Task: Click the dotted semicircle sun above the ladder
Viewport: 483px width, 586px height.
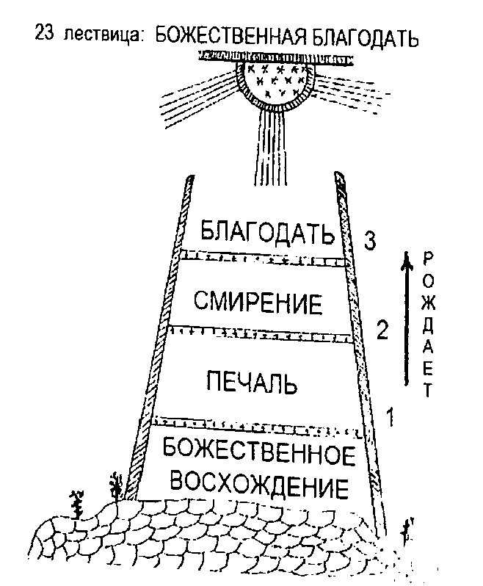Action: click(x=276, y=81)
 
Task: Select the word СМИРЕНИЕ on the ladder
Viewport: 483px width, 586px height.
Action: click(x=258, y=301)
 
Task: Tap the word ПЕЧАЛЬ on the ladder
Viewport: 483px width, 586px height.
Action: click(x=251, y=382)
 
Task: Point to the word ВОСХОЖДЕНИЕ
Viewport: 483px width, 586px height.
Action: click(x=258, y=485)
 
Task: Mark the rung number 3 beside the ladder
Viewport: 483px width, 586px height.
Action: click(x=371, y=239)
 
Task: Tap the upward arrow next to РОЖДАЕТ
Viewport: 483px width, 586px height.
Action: click(x=404, y=316)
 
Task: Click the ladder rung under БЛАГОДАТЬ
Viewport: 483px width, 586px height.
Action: click(x=262, y=257)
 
